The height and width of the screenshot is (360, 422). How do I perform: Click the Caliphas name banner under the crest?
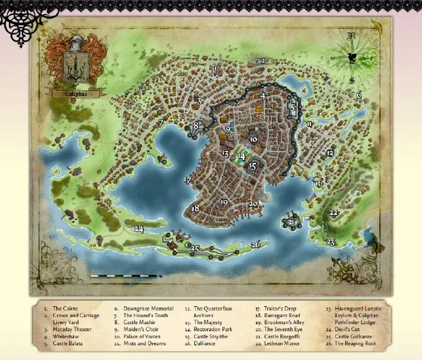click(x=75, y=93)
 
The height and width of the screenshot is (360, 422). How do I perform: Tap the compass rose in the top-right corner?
click(x=351, y=58)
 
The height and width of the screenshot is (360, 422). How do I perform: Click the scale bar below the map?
click(x=125, y=276)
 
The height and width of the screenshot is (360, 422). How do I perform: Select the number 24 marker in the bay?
click(x=139, y=228)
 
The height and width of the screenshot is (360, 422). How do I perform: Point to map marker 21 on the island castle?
click(x=291, y=222)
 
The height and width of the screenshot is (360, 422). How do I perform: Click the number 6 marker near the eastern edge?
click(x=359, y=95)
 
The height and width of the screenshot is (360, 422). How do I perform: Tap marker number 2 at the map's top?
click(x=262, y=61)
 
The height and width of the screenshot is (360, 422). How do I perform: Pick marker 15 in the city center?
click(x=253, y=166)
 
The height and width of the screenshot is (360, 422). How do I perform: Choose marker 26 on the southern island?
click(x=256, y=244)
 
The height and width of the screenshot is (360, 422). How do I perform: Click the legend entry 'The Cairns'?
click(x=65, y=308)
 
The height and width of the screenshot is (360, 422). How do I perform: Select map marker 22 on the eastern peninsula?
click(x=333, y=212)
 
